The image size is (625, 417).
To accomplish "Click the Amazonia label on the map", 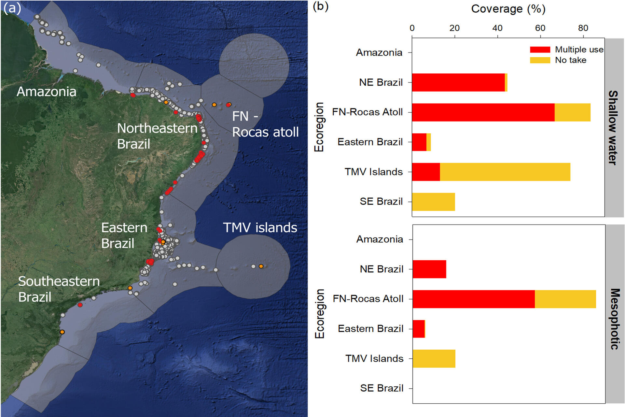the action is click(47, 92).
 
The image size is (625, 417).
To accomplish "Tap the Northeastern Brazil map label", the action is click(157, 136).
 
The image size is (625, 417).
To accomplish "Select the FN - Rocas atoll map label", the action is click(265, 124).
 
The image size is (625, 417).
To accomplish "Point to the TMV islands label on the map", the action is click(260, 227).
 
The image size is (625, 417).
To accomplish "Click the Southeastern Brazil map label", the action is click(59, 289).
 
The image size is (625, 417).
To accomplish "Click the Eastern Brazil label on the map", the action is click(124, 235).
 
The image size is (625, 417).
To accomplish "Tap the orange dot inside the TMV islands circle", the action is click(261, 266).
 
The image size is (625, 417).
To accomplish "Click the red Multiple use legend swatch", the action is click(540, 50).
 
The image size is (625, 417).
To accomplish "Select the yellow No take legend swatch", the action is click(540, 60).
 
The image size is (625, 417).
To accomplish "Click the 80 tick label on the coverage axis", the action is click(583, 28).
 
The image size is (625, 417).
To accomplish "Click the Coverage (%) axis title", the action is click(508, 9).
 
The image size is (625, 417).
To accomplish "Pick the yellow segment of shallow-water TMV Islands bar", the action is click(505, 172).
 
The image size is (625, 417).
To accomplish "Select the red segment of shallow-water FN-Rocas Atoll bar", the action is click(483, 112).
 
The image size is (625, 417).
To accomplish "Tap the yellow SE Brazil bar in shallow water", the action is click(434, 202).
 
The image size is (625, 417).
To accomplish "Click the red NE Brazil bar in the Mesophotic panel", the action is click(429, 269).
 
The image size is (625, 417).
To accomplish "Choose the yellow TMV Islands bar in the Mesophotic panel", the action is click(434, 359).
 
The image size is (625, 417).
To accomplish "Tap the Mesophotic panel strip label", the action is click(614, 319).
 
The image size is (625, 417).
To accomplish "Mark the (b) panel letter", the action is click(321, 7).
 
